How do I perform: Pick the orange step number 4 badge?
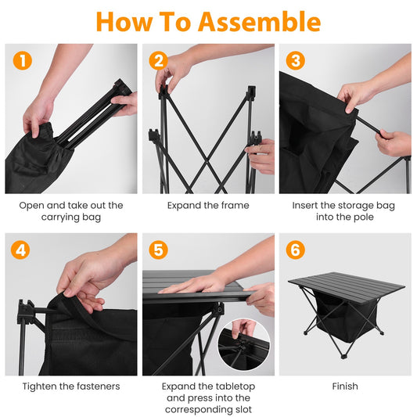[23, 250]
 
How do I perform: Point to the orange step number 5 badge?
[160, 250]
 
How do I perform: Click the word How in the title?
[125, 21]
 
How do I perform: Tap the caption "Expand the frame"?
[208, 206]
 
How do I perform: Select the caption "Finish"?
[345, 386]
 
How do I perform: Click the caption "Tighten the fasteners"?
[71, 386]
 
